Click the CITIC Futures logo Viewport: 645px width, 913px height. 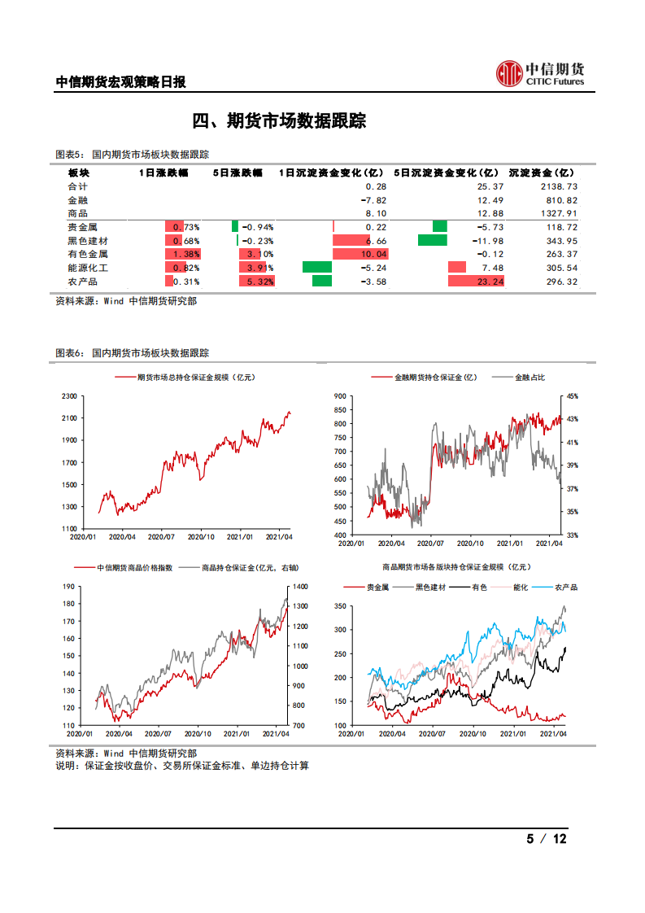(x=540, y=72)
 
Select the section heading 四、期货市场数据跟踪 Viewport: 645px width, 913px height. (x=279, y=121)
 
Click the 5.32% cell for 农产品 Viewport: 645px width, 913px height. (x=255, y=282)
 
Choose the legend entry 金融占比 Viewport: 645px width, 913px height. (x=530, y=378)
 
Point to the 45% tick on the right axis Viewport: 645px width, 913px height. (x=573, y=396)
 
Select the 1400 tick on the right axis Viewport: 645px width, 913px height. (x=299, y=587)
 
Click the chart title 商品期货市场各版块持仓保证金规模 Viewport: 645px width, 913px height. (x=455, y=567)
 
